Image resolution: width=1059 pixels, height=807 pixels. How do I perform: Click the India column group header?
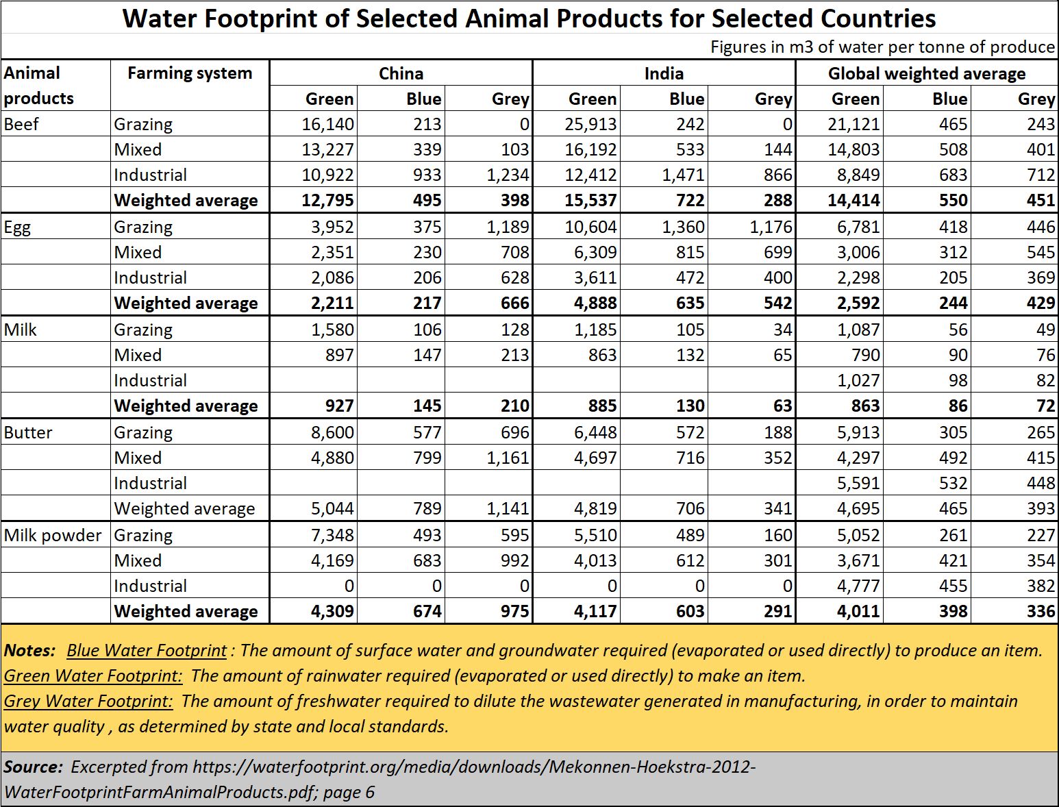click(x=664, y=73)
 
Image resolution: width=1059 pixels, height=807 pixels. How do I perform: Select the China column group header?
click(x=401, y=73)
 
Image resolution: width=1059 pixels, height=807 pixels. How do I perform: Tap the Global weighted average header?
click(x=927, y=73)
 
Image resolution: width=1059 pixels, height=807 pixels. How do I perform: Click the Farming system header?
click(x=190, y=73)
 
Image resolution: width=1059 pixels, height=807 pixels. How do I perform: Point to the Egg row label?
click(x=17, y=227)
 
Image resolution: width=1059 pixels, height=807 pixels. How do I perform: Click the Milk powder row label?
click(x=53, y=536)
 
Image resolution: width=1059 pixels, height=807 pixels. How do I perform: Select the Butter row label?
click(x=28, y=433)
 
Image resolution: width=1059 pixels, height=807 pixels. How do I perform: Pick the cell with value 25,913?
click(x=590, y=125)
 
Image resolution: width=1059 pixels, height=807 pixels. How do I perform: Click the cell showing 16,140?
click(x=328, y=125)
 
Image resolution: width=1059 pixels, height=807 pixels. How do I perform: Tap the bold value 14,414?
click(x=854, y=200)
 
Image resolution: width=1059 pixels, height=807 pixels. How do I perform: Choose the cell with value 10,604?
click(x=590, y=227)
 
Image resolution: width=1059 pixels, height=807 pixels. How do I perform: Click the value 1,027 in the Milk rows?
click(x=858, y=381)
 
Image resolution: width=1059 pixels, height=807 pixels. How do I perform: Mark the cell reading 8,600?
click(x=332, y=433)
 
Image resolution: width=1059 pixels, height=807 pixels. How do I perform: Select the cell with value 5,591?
click(x=858, y=484)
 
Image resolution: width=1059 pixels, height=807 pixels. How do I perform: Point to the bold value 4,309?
click(x=332, y=612)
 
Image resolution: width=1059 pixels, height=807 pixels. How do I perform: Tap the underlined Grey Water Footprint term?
click(x=88, y=702)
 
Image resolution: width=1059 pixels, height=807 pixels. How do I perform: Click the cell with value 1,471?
click(x=683, y=175)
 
